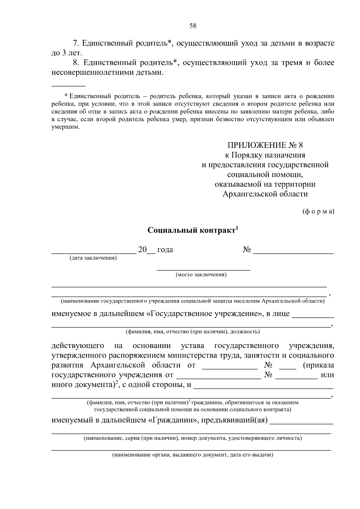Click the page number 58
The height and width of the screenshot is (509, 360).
coord(193,26)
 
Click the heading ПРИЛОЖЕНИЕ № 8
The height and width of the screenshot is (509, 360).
coord(265,145)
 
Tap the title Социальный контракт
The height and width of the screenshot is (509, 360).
coord(191,230)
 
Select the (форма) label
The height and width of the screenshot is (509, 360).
coord(318,211)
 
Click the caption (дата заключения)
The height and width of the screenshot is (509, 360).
coord(93,258)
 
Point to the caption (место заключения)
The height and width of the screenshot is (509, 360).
coord(201,275)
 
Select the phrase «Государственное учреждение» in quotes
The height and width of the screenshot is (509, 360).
coord(204,314)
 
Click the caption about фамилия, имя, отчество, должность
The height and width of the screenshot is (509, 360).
coord(192,332)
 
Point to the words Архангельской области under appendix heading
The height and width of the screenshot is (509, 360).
coord(265,194)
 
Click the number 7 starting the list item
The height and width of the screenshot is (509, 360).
coord(76,43)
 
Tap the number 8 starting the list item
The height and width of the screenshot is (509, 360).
coord(76,63)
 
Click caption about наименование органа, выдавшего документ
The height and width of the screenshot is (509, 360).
coord(192,455)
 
